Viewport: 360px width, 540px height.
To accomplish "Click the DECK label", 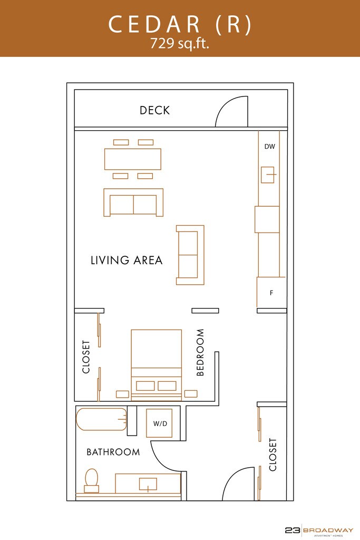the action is click(x=154, y=110).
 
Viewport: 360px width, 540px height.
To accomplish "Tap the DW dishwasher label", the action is click(x=270, y=147).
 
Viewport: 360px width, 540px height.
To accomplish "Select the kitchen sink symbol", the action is click(x=268, y=175).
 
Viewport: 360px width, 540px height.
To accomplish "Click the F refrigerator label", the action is click(x=271, y=293).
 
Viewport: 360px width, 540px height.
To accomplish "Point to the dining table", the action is click(x=133, y=159).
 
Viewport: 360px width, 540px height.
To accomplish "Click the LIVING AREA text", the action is click(x=127, y=260).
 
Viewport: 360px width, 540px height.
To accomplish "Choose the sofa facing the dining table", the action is click(x=133, y=202).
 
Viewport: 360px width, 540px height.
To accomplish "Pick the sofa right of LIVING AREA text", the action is click(x=190, y=255).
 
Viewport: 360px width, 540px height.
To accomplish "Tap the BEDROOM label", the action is click(x=200, y=352).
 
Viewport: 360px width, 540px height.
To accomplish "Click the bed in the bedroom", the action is click(x=156, y=365).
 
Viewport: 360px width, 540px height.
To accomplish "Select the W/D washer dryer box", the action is click(x=159, y=423).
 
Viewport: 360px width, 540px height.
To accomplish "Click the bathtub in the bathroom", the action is click(x=102, y=419).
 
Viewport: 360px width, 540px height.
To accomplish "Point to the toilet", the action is click(x=92, y=480).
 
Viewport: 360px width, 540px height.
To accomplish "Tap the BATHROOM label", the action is click(x=113, y=452).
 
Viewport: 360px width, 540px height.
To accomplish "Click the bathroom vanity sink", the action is click(x=148, y=484).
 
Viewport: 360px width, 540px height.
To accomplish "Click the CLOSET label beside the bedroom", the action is click(x=86, y=357).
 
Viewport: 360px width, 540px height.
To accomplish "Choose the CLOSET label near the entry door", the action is click(x=273, y=455).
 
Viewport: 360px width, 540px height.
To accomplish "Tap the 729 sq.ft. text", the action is click(x=179, y=44).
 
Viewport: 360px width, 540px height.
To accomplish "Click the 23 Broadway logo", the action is click(x=319, y=531).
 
